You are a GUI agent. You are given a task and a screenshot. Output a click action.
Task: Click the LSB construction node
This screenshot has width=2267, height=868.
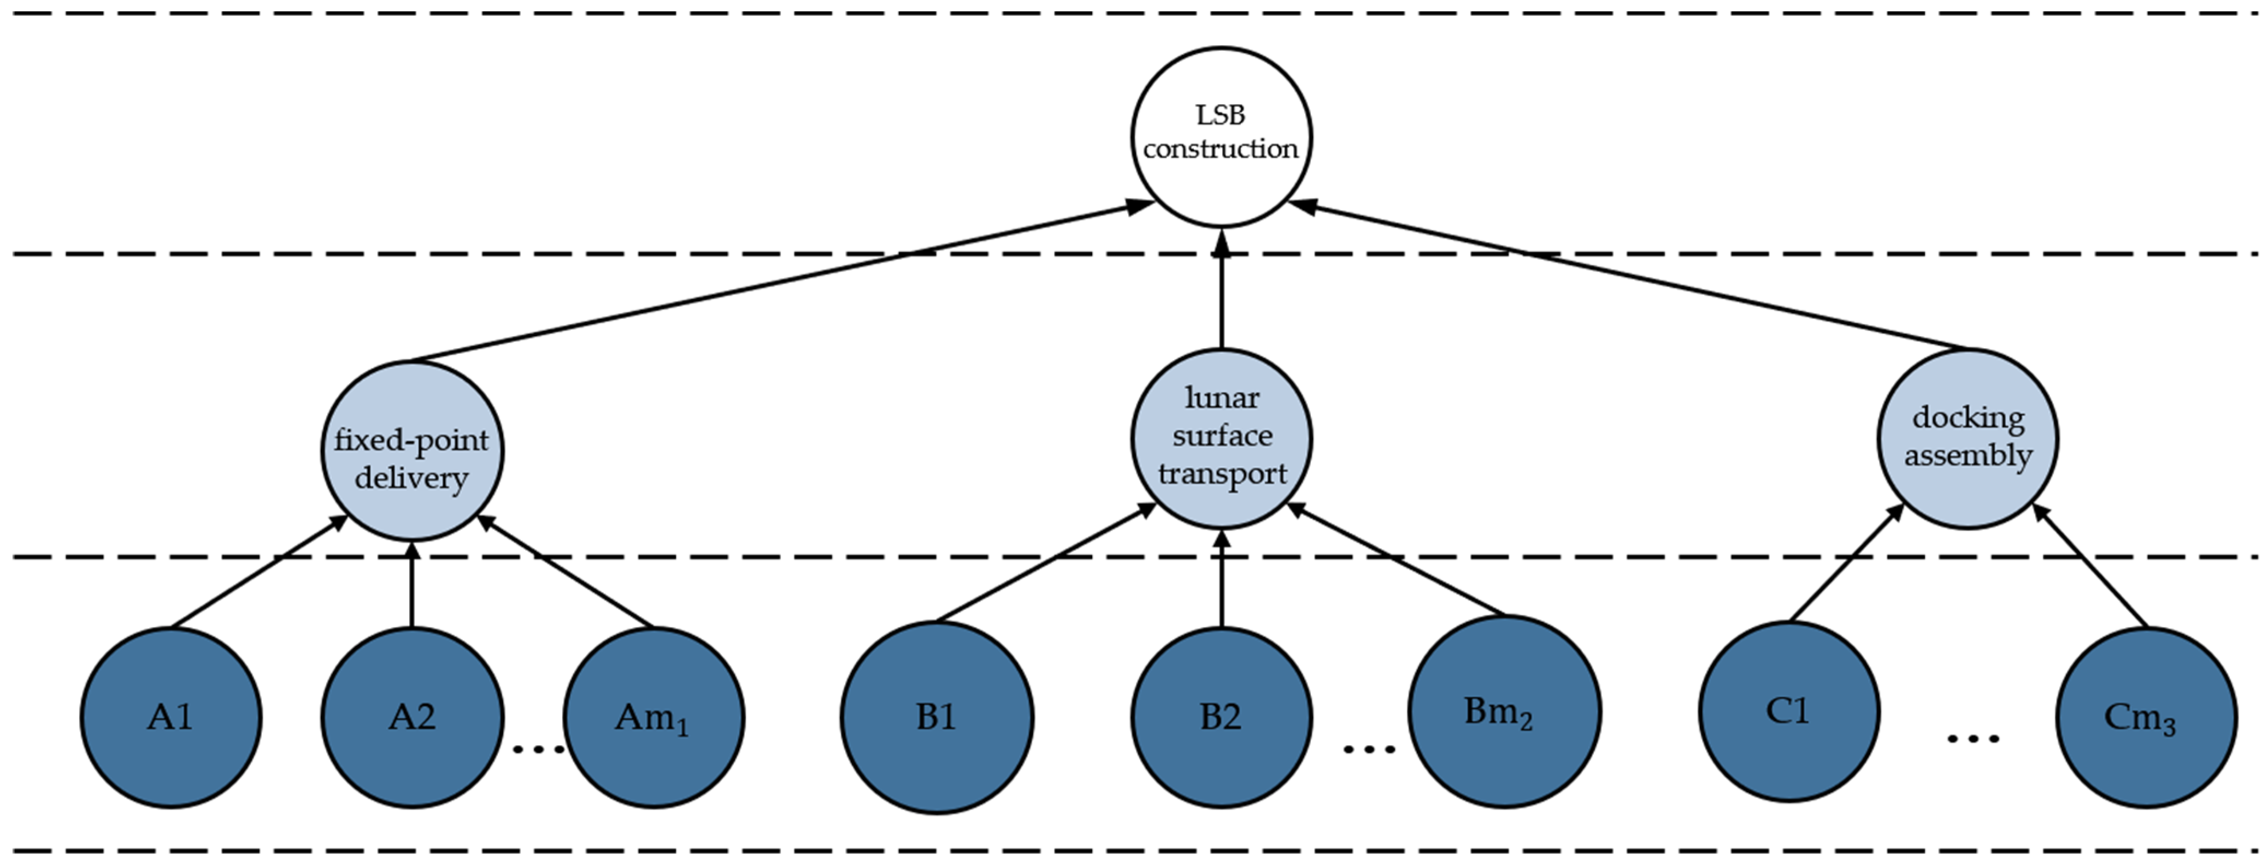coord(1221,137)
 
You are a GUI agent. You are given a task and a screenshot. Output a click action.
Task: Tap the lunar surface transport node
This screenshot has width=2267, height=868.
coord(1221,438)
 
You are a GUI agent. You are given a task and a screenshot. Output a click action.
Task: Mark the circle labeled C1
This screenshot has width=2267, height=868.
coord(1788,711)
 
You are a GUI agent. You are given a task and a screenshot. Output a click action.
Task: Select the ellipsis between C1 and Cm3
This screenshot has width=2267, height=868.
coord(1972,739)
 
